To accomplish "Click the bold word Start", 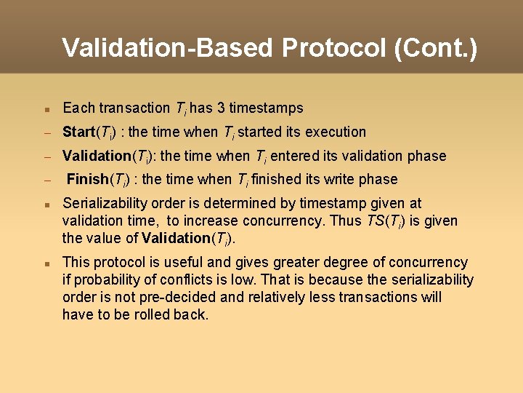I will (79, 132).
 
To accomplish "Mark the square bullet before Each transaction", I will (45, 109).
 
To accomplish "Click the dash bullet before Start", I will (45, 133).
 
